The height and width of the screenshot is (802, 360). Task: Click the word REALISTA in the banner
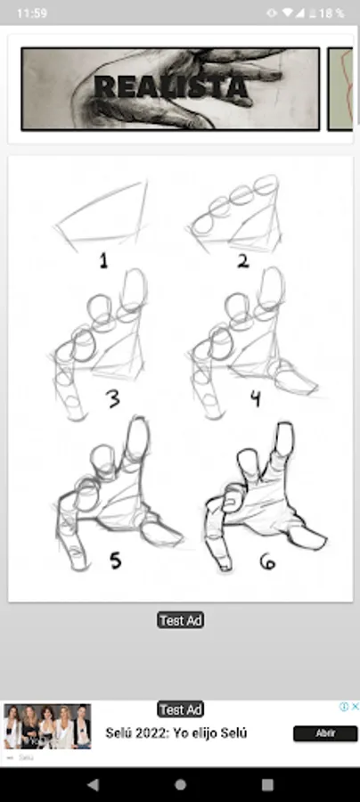(x=171, y=87)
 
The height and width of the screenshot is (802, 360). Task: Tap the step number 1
(x=103, y=261)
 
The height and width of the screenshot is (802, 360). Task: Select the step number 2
(x=243, y=261)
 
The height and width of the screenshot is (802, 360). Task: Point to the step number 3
(x=114, y=398)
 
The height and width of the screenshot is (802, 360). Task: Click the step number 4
(x=256, y=397)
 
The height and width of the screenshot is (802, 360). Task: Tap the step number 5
(x=116, y=561)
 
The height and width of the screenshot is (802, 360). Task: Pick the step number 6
(x=267, y=562)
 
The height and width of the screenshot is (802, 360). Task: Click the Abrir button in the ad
(x=325, y=733)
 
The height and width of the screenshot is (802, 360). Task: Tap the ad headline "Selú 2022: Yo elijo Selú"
(x=176, y=733)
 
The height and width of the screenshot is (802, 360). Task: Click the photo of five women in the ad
(x=47, y=726)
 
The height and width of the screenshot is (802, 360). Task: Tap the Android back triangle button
(x=93, y=784)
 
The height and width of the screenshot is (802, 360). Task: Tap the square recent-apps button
(x=267, y=784)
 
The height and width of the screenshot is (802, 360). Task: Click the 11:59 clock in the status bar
(x=32, y=13)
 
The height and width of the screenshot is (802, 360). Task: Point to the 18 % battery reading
(x=331, y=13)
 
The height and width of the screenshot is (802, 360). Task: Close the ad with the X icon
(x=355, y=707)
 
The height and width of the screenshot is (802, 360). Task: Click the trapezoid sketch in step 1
(x=102, y=215)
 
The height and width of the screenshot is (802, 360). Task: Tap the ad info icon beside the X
(x=345, y=707)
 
